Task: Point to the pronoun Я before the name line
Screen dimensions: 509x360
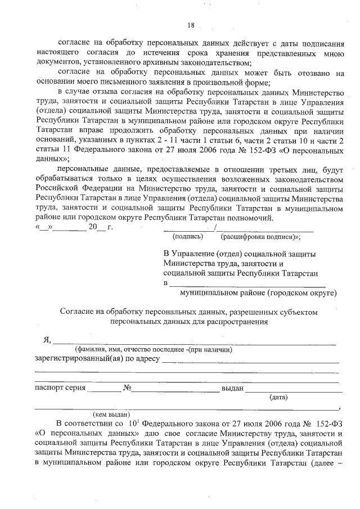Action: click(47, 340)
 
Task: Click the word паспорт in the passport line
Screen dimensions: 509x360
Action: click(49, 388)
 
